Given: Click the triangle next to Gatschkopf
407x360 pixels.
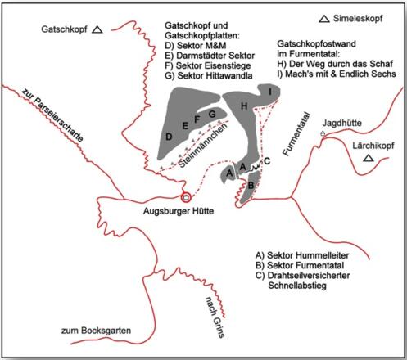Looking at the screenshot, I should coord(97,30).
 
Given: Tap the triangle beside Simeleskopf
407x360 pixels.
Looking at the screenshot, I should coord(325,19).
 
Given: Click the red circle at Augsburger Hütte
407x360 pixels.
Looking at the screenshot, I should coord(186,196).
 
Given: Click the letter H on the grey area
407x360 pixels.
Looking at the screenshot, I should coord(242,107).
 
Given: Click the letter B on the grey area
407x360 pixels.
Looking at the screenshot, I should coord(251,186).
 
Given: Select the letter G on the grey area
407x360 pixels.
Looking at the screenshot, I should coord(211,113).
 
